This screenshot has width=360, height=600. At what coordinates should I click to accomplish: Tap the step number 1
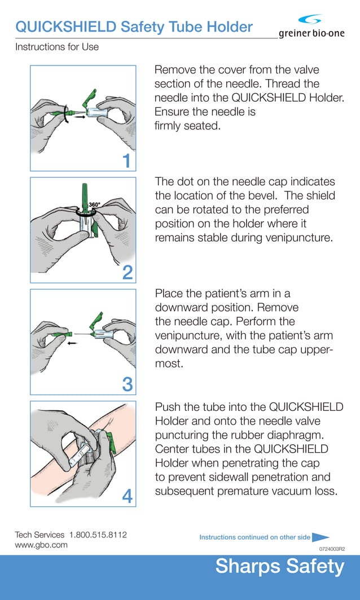128,161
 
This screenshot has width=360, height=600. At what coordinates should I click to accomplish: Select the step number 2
128,273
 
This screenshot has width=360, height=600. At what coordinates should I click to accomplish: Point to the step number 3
128,385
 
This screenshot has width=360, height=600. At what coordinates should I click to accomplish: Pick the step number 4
128,497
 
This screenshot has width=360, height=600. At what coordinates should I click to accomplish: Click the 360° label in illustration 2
94,204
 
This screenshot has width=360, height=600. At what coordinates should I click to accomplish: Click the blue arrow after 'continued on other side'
321,537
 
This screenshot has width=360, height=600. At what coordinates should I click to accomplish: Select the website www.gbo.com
41,545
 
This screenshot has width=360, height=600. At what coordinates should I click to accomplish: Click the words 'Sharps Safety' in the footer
279,566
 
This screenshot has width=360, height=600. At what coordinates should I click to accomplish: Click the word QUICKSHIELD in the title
66,26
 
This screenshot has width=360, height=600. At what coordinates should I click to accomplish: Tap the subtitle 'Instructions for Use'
56,47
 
